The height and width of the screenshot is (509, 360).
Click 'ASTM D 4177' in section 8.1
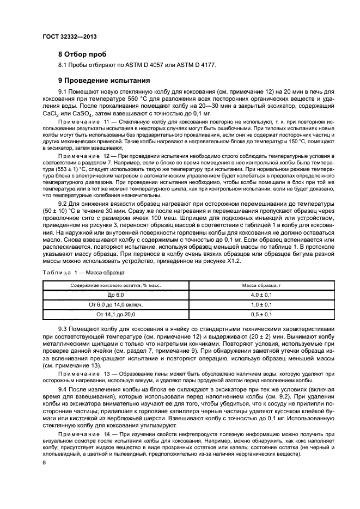[x=199, y=65]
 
